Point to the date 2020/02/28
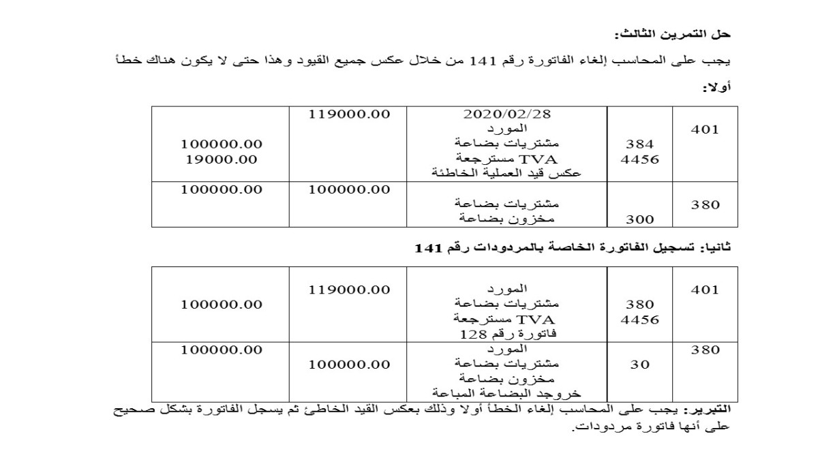[506, 114]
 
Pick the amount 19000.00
[221, 159]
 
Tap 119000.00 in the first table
[349, 114]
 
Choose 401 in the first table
[705, 129]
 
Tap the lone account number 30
[639, 365]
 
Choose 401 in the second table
[705, 290]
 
